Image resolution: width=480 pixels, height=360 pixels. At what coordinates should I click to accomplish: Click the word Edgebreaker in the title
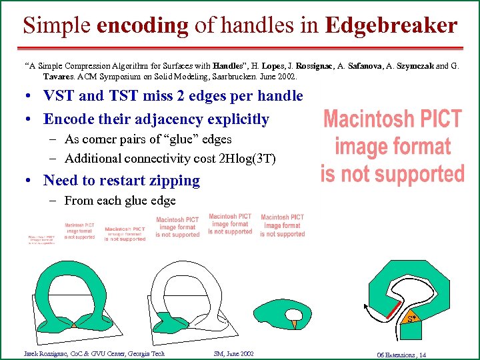[391, 25]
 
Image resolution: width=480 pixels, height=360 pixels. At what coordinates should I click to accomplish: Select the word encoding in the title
[143, 26]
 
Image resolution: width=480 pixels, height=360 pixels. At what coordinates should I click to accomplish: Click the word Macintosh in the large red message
[363, 120]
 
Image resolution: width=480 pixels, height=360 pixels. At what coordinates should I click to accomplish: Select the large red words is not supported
[392, 174]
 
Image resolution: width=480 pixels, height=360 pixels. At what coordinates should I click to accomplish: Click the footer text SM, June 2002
[233, 353]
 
